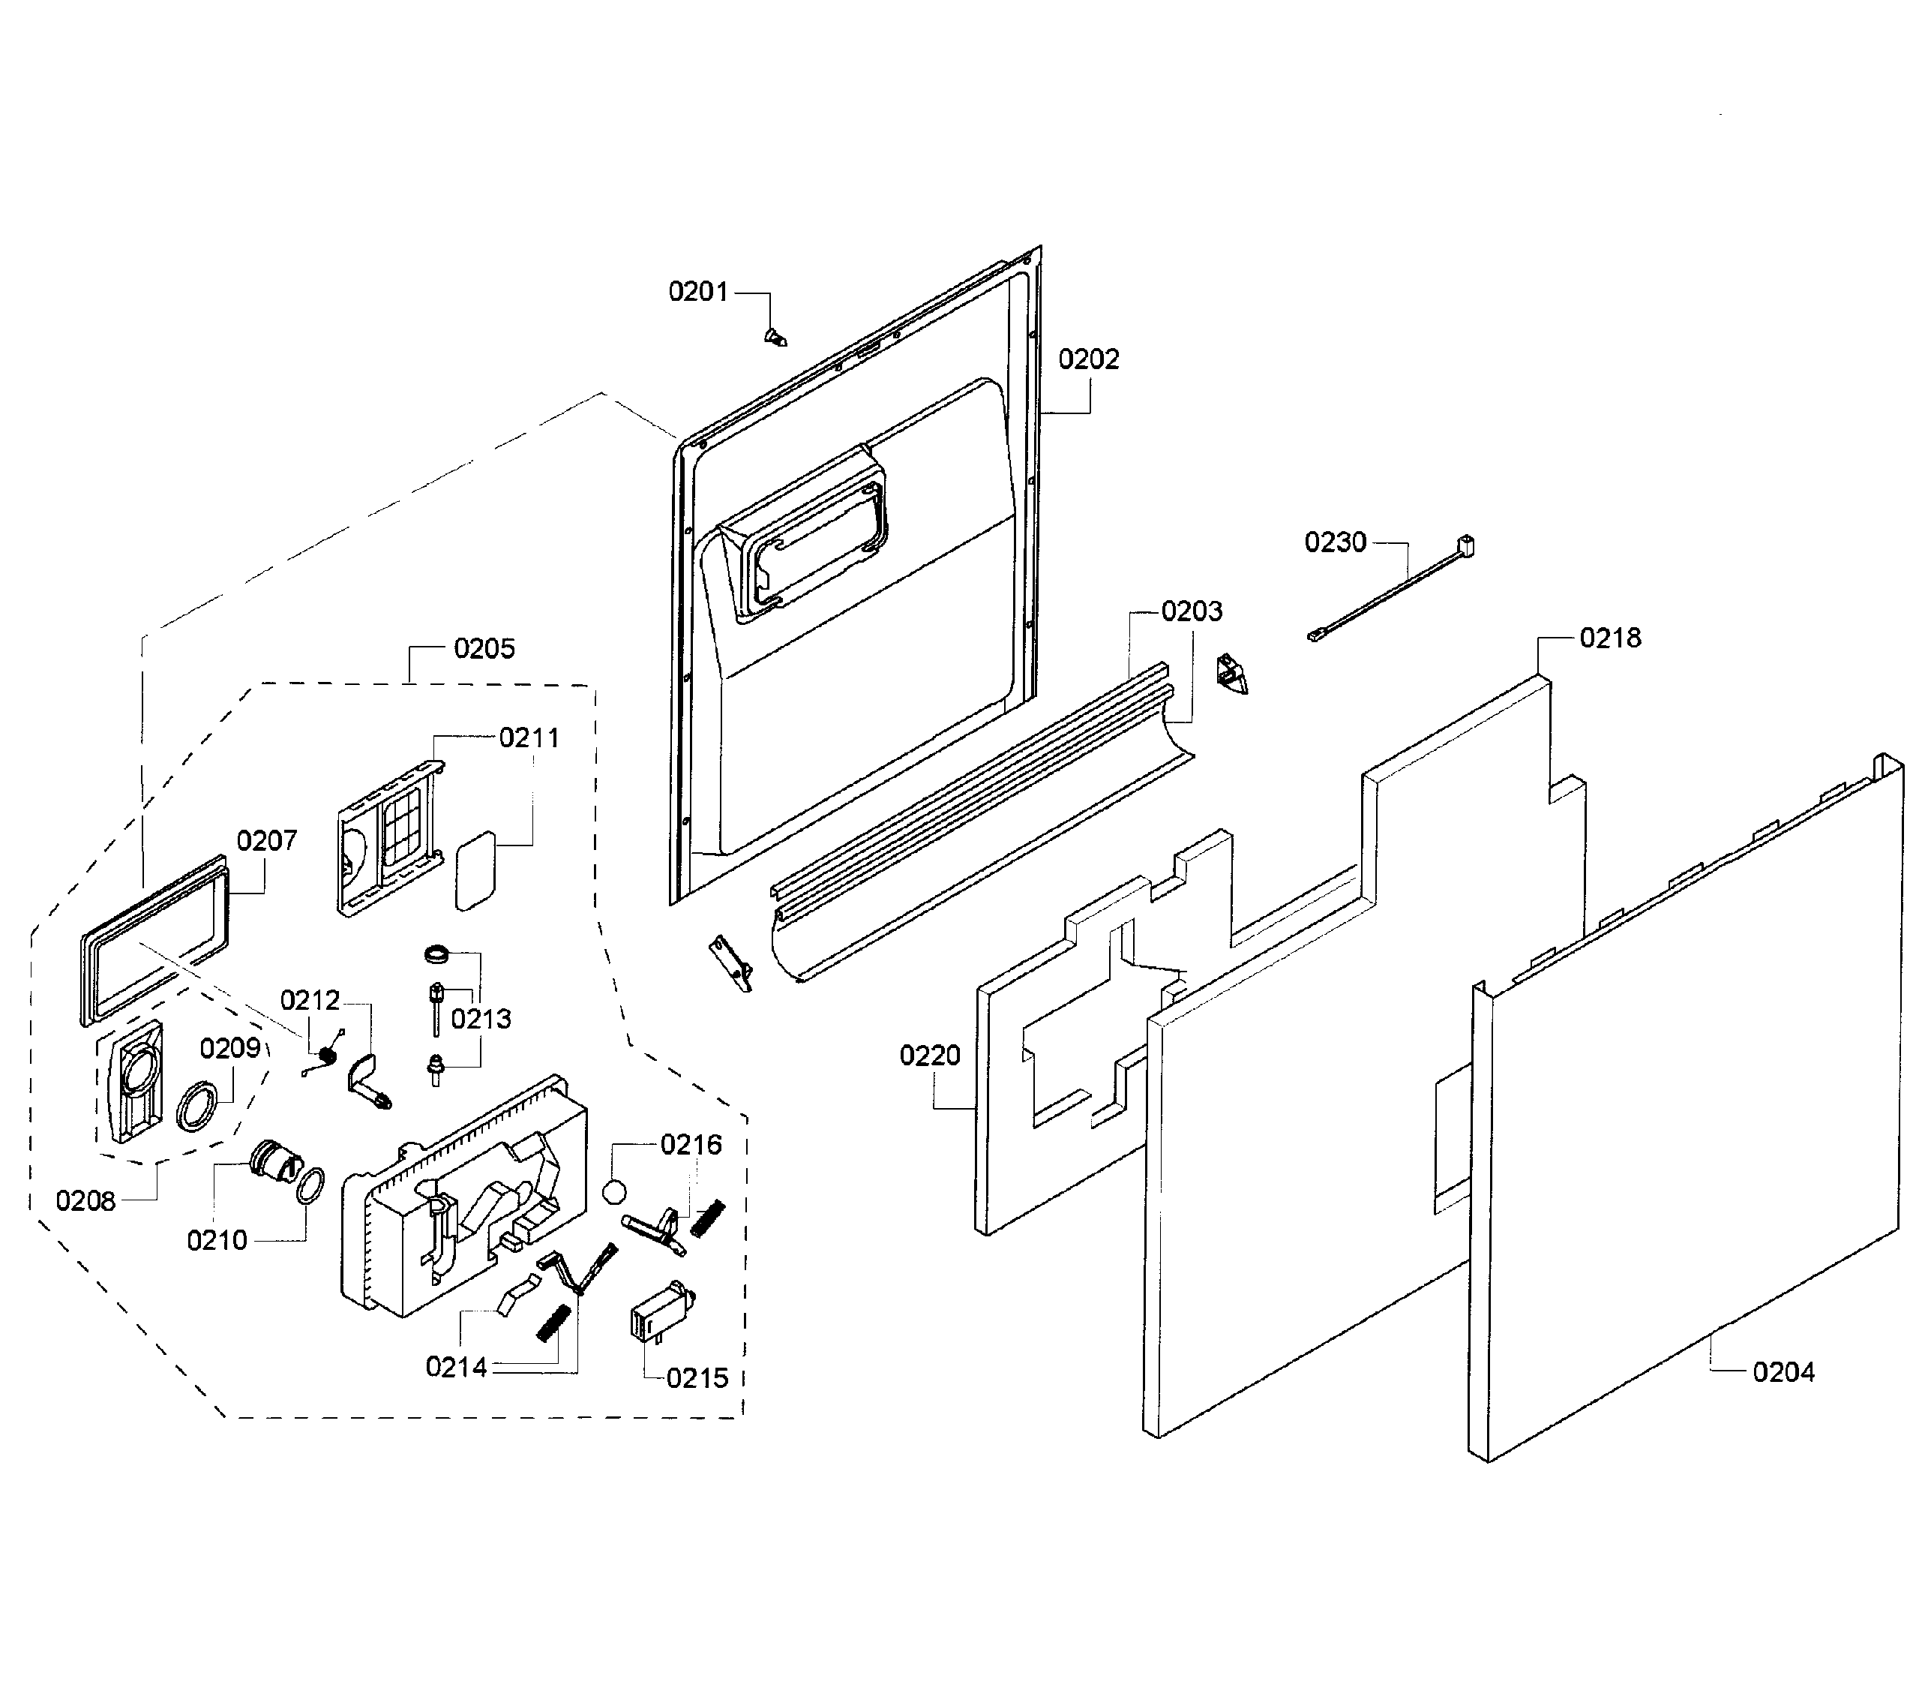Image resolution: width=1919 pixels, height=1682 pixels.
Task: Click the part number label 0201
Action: point(697,292)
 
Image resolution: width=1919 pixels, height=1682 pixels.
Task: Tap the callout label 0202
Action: point(1089,359)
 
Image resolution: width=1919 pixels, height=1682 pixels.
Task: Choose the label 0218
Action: point(1610,638)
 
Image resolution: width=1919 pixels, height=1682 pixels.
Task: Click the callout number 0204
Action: point(1783,1372)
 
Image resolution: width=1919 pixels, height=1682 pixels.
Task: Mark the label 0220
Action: point(929,1056)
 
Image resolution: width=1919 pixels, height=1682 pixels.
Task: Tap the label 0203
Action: point(1192,612)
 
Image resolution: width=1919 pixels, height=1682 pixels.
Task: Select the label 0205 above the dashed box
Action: point(484,649)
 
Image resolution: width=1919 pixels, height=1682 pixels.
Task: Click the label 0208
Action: point(85,1200)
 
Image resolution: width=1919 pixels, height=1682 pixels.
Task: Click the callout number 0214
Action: point(456,1368)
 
